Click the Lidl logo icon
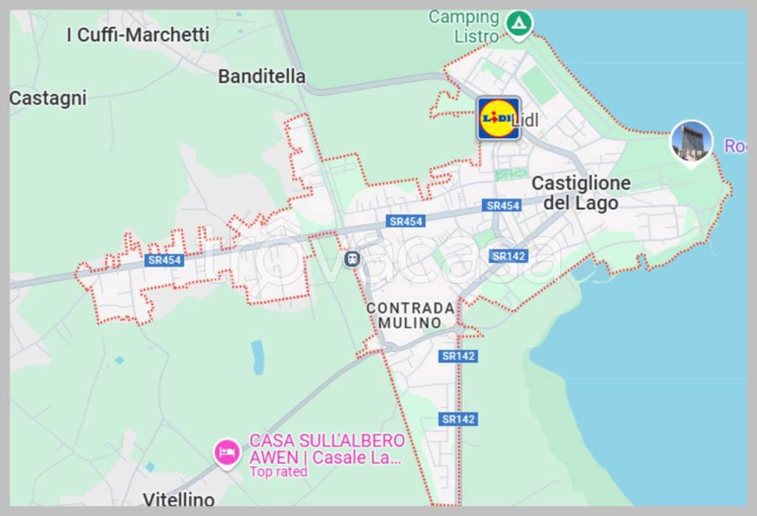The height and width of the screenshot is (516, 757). click(498, 118)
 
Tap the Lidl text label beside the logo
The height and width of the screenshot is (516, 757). click(526, 120)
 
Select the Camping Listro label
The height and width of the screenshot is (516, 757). click(464, 26)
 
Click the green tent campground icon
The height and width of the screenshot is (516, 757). click(519, 23)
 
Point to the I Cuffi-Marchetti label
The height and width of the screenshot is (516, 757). click(138, 35)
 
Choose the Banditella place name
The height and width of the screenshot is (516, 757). click(262, 76)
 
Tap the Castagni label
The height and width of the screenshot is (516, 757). click(48, 98)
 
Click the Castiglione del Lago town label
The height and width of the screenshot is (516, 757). click(581, 193)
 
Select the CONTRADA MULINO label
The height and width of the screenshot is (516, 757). click(410, 315)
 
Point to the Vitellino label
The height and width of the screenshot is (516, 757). click(178, 500)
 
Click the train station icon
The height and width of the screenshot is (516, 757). click(353, 259)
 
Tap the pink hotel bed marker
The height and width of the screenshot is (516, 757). click(227, 452)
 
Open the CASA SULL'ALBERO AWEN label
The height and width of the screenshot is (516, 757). click(327, 449)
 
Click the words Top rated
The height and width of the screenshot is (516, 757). click(278, 472)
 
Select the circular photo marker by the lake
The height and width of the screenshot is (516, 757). click(691, 141)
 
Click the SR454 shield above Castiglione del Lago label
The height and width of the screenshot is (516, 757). click(503, 206)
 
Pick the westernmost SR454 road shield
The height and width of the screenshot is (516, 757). click(164, 259)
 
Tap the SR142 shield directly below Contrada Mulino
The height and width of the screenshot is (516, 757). click(458, 356)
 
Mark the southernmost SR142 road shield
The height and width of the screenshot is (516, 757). click(458, 419)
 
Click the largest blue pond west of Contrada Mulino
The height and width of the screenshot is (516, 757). click(258, 357)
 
